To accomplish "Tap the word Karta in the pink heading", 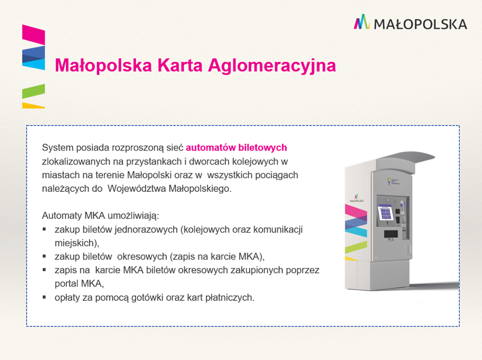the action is coord(180,65).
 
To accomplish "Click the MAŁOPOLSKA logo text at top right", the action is coord(420,24).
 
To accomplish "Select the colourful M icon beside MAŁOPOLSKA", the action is coord(361,22).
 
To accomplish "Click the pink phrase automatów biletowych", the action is coord(236,148).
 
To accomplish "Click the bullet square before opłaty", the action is coord(44,297).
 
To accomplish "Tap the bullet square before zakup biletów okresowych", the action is coord(44,256).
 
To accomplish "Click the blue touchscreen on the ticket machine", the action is coord(385,212).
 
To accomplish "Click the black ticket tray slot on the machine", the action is coord(391,234).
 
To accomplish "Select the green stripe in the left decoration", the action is coord(34,91).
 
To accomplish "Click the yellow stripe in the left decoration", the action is coord(34,105).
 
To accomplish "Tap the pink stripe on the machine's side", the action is coord(355,210).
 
